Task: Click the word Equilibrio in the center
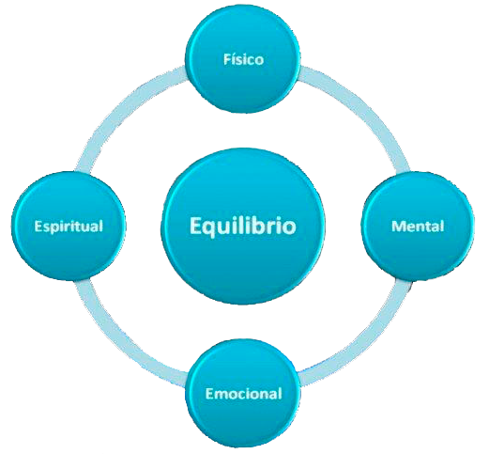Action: click(x=243, y=226)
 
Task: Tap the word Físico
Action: click(x=243, y=59)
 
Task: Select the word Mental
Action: click(x=418, y=226)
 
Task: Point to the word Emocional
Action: click(x=243, y=393)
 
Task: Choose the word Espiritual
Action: click(x=69, y=227)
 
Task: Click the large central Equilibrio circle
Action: click(x=243, y=227)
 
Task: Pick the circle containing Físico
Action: click(x=243, y=58)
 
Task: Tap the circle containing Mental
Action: click(x=418, y=227)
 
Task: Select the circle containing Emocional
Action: click(x=243, y=393)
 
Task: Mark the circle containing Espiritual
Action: click(x=69, y=227)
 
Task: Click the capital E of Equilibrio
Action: click(x=195, y=226)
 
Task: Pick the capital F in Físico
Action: click(x=227, y=59)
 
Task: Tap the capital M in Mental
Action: click(x=398, y=227)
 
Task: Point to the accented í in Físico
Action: click(x=235, y=59)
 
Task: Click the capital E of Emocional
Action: click(x=209, y=394)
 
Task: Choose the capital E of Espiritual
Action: click(x=38, y=227)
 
